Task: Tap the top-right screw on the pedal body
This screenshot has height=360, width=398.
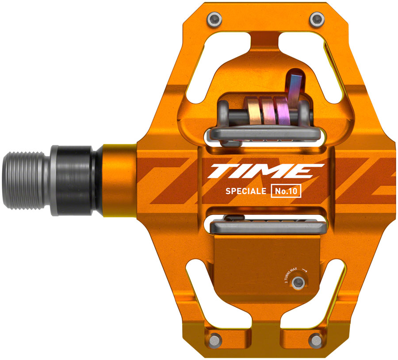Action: click(x=315, y=19)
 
